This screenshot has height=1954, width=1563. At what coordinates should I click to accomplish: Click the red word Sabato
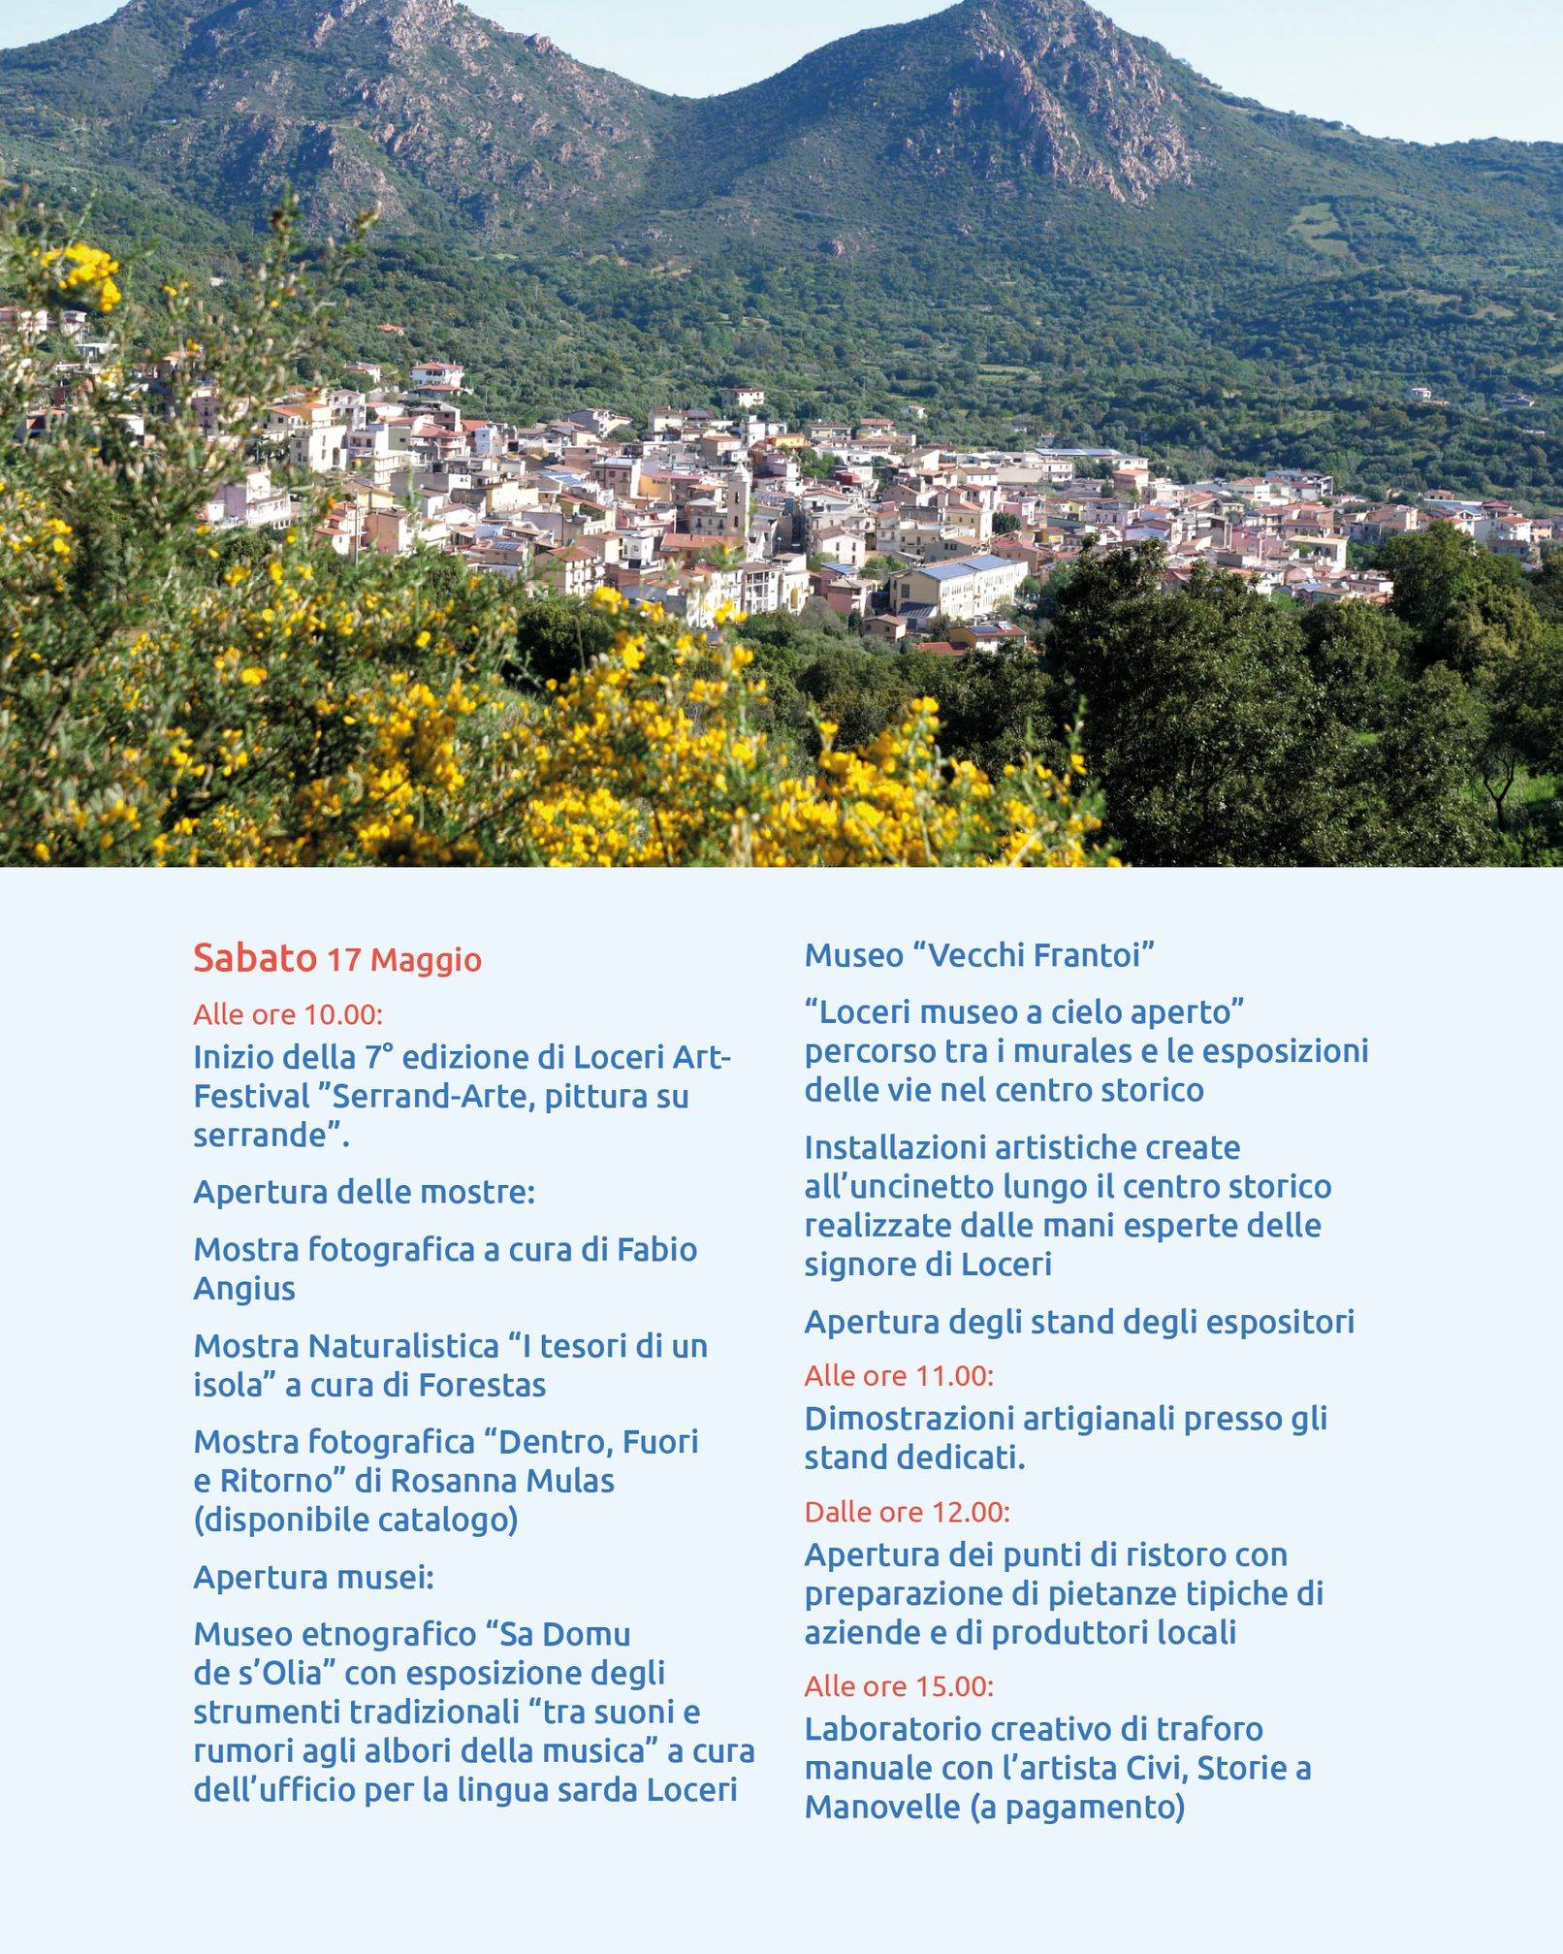click(254, 958)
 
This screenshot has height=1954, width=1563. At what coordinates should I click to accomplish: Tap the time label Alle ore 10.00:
click(288, 1014)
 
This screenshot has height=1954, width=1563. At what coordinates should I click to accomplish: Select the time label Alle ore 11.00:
click(899, 1375)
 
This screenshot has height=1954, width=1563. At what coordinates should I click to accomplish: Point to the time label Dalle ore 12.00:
click(907, 1512)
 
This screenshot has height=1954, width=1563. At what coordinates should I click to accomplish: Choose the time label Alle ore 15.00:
click(899, 1686)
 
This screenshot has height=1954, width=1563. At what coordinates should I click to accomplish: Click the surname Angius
click(243, 1289)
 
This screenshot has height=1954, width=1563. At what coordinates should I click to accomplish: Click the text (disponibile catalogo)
click(355, 1520)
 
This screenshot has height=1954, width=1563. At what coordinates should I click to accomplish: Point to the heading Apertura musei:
click(313, 1578)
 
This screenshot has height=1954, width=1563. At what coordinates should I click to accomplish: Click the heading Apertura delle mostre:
click(364, 1192)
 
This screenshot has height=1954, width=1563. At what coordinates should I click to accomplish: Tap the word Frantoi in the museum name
click(1094, 955)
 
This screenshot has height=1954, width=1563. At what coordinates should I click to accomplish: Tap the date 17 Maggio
click(404, 960)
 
